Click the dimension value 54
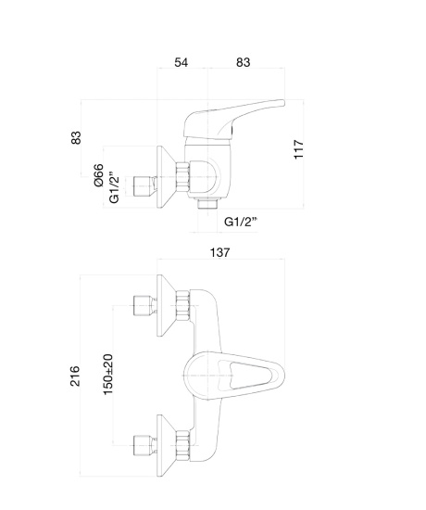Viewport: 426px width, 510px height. pos(181,62)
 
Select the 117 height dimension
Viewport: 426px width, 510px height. pos(298,149)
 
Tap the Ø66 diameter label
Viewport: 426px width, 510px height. pos(99,175)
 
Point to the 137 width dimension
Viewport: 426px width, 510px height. pos(220,252)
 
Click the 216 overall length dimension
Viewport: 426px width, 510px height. pos(75,376)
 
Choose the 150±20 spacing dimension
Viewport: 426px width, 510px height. pos(107,375)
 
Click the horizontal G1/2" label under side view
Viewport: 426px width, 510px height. pos(241,222)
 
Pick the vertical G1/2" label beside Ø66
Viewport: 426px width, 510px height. pos(114,189)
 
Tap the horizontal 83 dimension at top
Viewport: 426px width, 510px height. pos(243,62)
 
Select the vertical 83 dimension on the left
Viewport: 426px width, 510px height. pos(76,137)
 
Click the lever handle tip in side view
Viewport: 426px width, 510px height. pos(282,103)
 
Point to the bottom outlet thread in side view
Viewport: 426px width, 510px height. pos(207,205)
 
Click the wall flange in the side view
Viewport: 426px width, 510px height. pos(165,177)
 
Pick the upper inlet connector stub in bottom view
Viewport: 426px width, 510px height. pos(143,306)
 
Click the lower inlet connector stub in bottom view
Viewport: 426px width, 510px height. pos(143,446)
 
